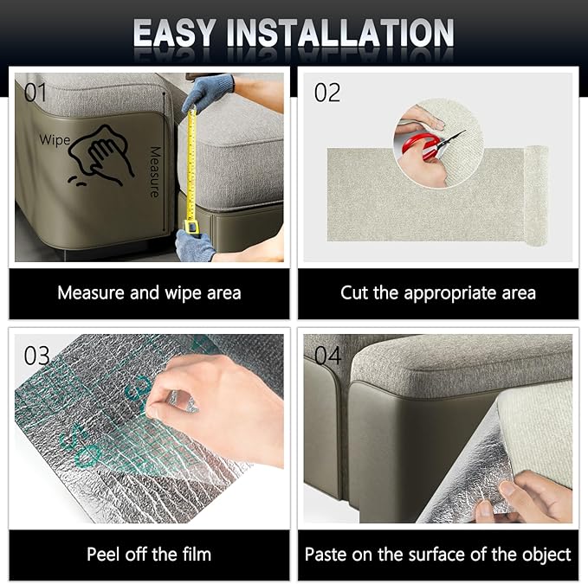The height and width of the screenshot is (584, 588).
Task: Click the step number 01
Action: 36,93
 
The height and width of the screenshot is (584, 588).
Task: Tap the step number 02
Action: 327,93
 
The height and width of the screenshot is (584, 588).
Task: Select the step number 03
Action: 36,356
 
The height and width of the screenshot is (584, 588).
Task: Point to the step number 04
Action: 327,356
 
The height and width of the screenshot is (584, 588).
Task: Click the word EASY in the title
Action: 174,33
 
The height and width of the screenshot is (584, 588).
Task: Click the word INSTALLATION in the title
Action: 340,33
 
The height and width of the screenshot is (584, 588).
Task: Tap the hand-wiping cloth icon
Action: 100,156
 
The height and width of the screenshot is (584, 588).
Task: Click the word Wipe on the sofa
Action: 55,140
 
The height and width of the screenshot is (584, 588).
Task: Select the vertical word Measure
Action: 155,171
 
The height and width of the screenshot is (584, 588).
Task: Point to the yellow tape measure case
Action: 191,227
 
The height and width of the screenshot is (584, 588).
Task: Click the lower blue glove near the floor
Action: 195,246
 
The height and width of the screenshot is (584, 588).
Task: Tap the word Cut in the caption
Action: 354,293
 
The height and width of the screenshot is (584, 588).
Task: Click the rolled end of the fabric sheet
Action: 537,196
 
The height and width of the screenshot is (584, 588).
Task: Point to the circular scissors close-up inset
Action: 437,143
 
